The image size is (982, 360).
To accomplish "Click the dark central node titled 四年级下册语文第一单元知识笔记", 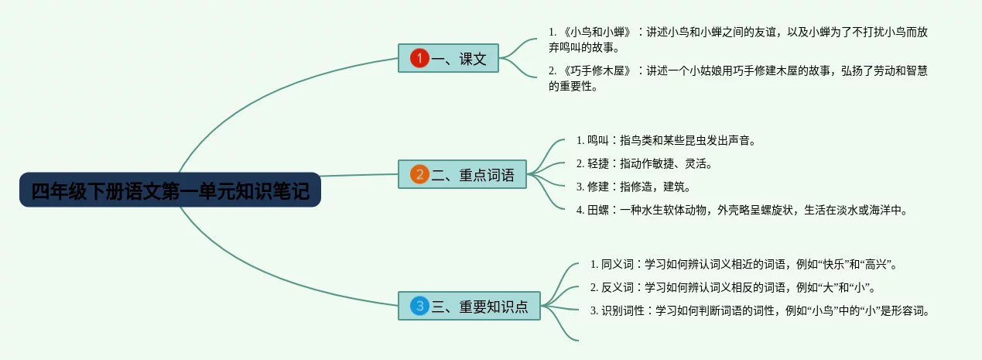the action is [170, 190].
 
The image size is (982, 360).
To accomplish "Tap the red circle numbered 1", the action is [419, 58].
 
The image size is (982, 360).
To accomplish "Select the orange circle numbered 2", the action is [419, 174].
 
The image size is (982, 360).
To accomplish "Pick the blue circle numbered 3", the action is [419, 306].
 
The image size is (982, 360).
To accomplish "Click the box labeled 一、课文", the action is [448, 58].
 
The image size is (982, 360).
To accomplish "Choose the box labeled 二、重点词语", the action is [462, 174].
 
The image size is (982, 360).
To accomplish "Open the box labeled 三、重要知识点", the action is [469, 306].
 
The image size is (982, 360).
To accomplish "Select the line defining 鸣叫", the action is [666, 140].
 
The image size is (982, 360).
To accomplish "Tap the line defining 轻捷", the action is [644, 163].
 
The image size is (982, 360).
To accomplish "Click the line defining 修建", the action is [634, 187].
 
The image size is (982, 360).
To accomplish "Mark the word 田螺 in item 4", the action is [598, 210].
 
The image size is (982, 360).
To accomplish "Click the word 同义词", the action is [618, 264].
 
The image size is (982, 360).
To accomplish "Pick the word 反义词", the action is [618, 287].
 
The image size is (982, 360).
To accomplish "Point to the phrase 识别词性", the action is [622, 310].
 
